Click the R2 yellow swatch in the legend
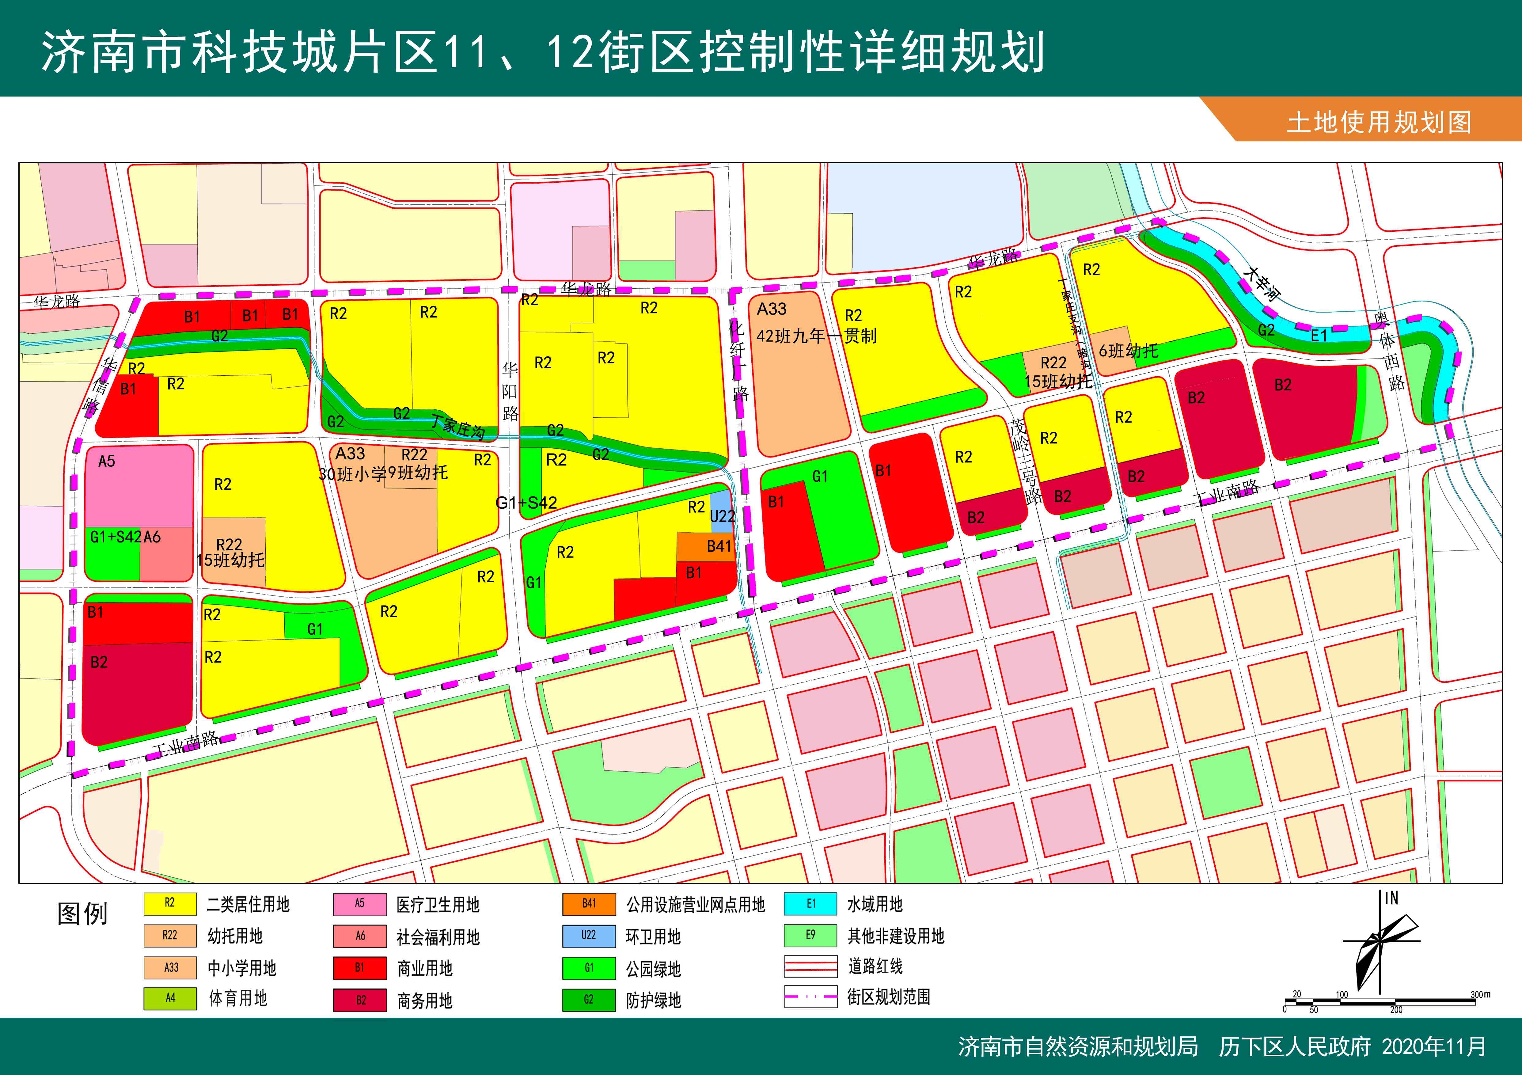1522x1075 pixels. click(x=170, y=903)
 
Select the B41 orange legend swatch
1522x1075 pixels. click(x=589, y=903)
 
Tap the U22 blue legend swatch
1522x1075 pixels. click(x=589, y=935)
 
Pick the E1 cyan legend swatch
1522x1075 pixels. click(x=811, y=903)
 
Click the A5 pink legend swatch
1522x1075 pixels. click(x=359, y=903)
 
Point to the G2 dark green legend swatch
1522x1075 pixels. click(x=589, y=999)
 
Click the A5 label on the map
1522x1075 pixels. click(x=107, y=461)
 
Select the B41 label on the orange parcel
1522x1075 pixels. click(x=719, y=546)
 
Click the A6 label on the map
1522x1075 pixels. click(x=152, y=537)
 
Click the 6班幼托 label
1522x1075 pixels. click(x=1128, y=351)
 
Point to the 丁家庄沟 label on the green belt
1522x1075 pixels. click(x=457, y=426)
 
